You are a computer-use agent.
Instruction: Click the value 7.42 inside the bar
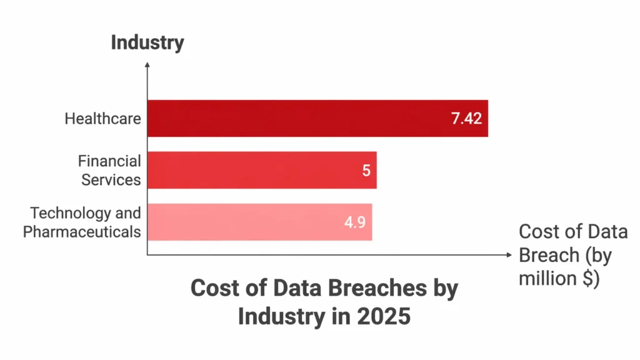466,118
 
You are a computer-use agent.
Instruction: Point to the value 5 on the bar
366,170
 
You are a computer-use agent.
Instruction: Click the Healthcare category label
102,118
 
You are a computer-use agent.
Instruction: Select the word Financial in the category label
109,161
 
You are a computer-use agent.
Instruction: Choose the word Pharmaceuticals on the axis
82,232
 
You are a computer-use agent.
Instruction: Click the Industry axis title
147,42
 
